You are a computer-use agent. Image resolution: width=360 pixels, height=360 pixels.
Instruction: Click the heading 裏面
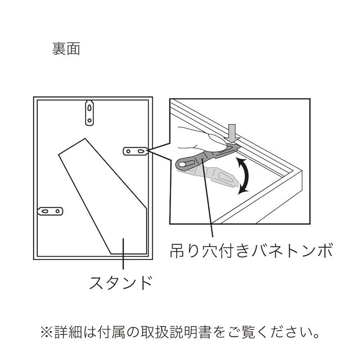[x=66, y=49]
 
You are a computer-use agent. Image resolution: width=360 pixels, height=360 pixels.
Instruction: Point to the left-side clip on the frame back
[x=49, y=211]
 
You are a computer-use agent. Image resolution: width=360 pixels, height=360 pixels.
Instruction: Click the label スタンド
[x=121, y=282]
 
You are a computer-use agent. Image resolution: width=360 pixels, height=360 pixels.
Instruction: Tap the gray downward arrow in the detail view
[x=232, y=132]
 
